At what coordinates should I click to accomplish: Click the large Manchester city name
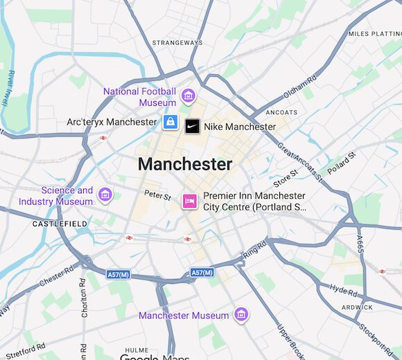click(x=184, y=164)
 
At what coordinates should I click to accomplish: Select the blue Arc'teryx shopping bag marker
click(x=171, y=123)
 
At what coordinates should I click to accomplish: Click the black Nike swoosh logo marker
click(x=192, y=126)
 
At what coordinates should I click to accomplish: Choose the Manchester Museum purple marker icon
click(x=241, y=315)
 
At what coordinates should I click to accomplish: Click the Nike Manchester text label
click(x=239, y=127)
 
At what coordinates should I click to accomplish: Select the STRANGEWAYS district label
click(x=177, y=43)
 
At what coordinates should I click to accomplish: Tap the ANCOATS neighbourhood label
click(x=281, y=112)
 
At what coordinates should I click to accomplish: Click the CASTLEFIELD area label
click(x=60, y=224)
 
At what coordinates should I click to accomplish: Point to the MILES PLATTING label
click(x=374, y=34)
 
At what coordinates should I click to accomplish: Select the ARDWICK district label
click(x=357, y=307)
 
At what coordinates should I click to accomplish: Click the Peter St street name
click(x=157, y=196)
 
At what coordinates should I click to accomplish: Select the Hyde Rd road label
click(x=344, y=289)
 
